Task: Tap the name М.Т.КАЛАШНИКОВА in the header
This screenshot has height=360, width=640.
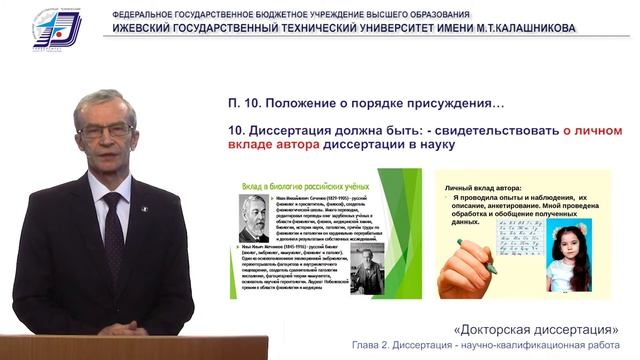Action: (x=520, y=28)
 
